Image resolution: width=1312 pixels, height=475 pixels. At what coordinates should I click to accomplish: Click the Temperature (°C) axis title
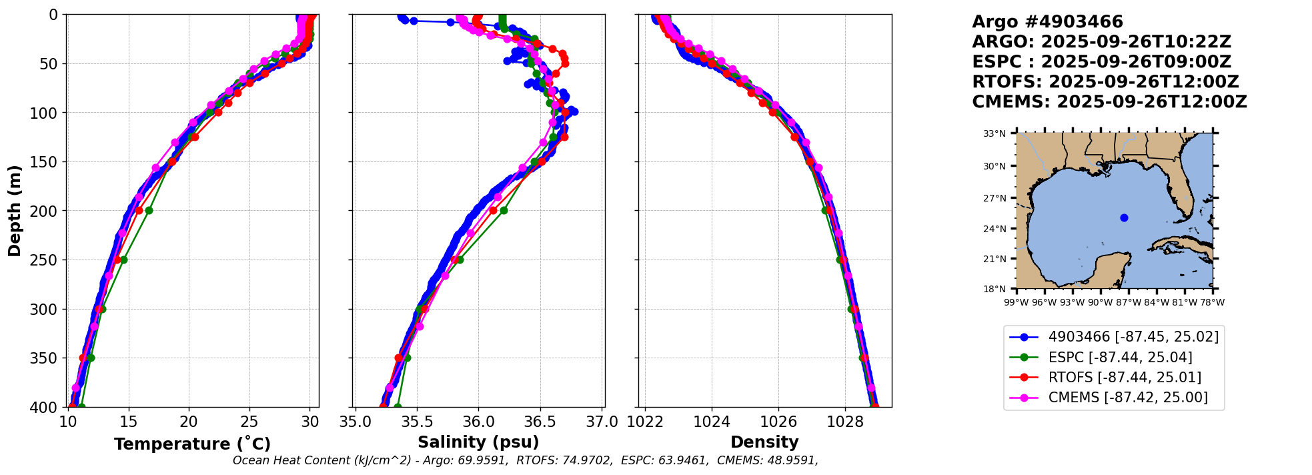(x=192, y=444)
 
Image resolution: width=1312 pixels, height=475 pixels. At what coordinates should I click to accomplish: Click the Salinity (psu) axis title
(x=478, y=442)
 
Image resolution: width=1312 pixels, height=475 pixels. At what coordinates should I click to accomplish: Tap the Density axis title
(x=764, y=442)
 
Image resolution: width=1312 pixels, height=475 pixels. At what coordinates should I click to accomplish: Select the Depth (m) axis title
(x=15, y=211)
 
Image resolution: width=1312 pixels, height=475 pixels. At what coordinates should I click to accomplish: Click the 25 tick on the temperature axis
(x=249, y=422)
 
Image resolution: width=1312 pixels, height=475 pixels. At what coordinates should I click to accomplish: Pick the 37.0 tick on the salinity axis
(x=602, y=422)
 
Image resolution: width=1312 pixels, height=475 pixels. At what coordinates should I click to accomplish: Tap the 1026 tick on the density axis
(x=778, y=422)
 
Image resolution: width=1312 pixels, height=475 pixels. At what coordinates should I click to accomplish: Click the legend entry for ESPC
(x=1120, y=358)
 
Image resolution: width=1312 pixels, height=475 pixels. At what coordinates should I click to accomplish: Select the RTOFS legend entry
(x=1125, y=378)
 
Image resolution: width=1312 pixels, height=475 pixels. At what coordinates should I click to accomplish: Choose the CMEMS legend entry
(x=1127, y=398)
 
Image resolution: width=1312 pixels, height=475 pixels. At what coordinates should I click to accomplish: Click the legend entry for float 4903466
(x=1133, y=337)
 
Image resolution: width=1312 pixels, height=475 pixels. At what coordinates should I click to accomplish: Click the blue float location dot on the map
(x=1124, y=217)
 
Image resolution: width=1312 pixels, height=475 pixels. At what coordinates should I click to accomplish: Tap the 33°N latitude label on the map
(x=994, y=134)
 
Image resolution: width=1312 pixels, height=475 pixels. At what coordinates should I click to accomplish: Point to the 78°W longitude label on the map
(x=1212, y=302)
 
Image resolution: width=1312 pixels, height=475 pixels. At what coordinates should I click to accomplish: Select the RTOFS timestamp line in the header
(x=1105, y=82)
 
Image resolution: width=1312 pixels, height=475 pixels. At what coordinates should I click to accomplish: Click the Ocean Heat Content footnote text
(x=525, y=460)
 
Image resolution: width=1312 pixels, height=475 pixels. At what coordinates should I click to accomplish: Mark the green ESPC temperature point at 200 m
(x=149, y=210)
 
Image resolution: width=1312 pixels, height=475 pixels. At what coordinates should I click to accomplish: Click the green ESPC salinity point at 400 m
(x=398, y=406)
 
